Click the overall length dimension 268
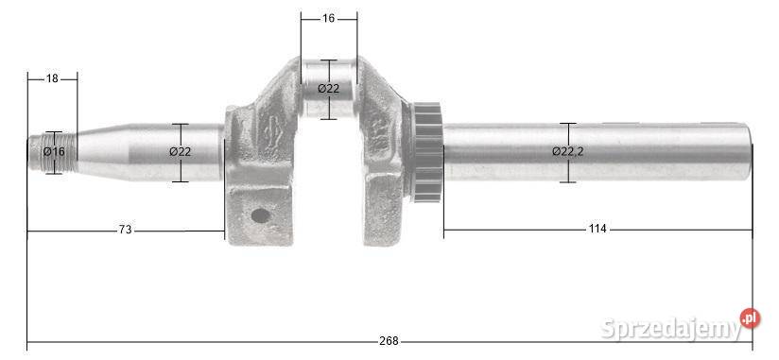pyautogui.click(x=389, y=341)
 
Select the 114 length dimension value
pyautogui.click(x=597, y=229)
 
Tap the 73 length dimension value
pyautogui.click(x=125, y=230)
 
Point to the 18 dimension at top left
pyautogui.click(x=52, y=78)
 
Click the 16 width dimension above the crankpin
pyautogui.click(x=328, y=18)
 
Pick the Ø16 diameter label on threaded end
pyautogui.click(x=54, y=152)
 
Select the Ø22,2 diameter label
pyautogui.click(x=567, y=151)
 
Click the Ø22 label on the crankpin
pyautogui.click(x=328, y=88)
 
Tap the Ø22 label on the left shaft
pyautogui.click(x=180, y=152)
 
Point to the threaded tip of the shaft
pyautogui.click(x=40, y=152)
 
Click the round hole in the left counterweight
pyautogui.click(x=259, y=215)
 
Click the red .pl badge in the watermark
pyautogui.click(x=750, y=318)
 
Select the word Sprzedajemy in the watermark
pyautogui.click(x=670, y=329)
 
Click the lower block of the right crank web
pyautogui.click(x=383, y=213)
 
